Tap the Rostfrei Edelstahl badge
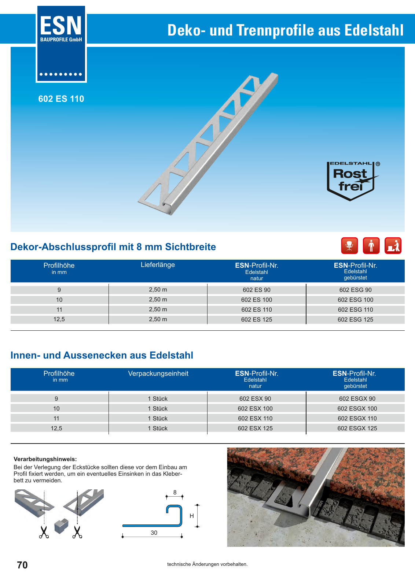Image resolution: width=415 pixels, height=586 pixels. click(x=351, y=181)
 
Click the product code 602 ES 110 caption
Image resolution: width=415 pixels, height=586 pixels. click(x=61, y=99)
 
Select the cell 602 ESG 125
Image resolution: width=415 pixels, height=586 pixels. click(x=355, y=319)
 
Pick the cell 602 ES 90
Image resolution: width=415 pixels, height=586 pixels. click(x=256, y=290)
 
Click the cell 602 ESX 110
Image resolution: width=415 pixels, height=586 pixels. click(x=255, y=418)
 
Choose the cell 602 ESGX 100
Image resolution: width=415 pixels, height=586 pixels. click(x=357, y=408)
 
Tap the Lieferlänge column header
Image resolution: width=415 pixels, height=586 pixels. click(x=158, y=265)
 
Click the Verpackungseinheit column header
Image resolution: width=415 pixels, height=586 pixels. click(x=158, y=374)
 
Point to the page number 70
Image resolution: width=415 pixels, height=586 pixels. click(x=22, y=565)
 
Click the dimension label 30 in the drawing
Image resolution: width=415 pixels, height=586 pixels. click(x=154, y=533)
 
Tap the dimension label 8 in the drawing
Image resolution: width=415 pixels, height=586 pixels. click(x=175, y=493)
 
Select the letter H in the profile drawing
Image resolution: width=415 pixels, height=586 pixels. click(x=191, y=516)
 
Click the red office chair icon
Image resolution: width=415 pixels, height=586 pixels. click(x=349, y=245)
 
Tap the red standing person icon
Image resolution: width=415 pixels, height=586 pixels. click(x=371, y=245)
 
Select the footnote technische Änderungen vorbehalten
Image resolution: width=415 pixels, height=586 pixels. click(x=207, y=564)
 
